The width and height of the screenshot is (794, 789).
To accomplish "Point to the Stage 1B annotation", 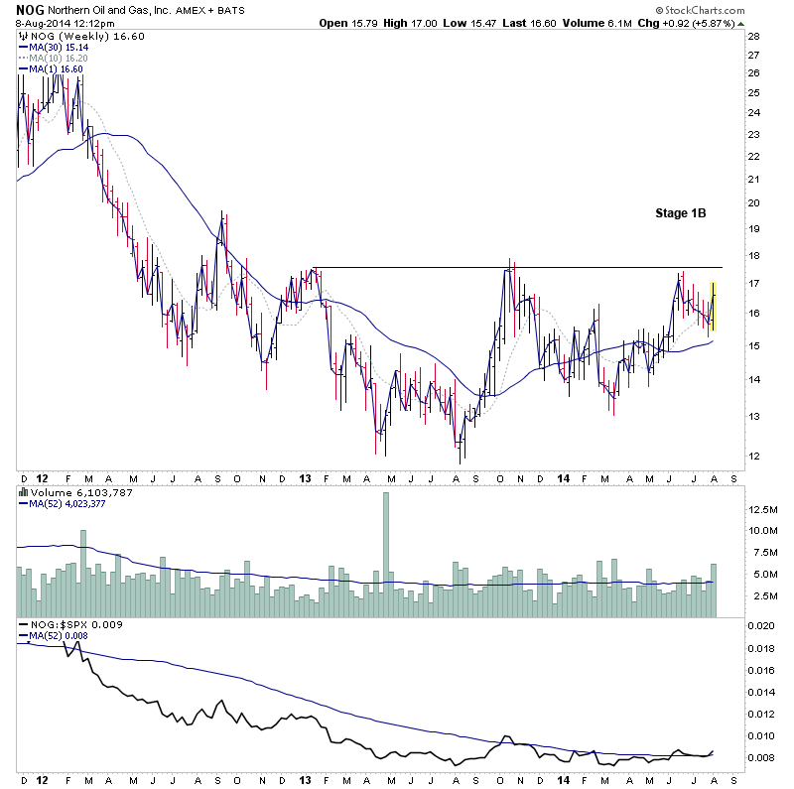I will (x=680, y=212).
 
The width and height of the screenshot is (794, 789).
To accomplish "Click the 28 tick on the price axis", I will (x=753, y=36).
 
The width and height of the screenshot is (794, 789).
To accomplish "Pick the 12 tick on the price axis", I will (x=753, y=457).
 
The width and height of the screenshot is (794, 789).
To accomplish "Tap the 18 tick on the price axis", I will (x=753, y=255).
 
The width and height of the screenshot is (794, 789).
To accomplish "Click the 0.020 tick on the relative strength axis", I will (x=762, y=626).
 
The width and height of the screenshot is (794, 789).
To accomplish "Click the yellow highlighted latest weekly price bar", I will (x=714, y=306).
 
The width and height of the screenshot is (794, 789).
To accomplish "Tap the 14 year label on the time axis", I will (x=562, y=478).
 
